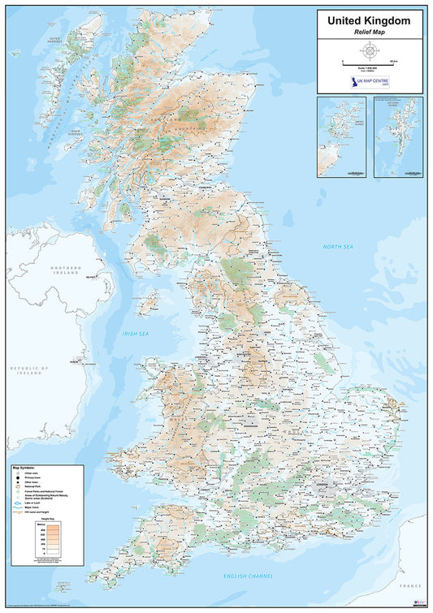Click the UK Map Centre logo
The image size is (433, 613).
click(x=370, y=83)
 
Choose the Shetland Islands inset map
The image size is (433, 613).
click(x=399, y=136)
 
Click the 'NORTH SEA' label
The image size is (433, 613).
click(x=339, y=246)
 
